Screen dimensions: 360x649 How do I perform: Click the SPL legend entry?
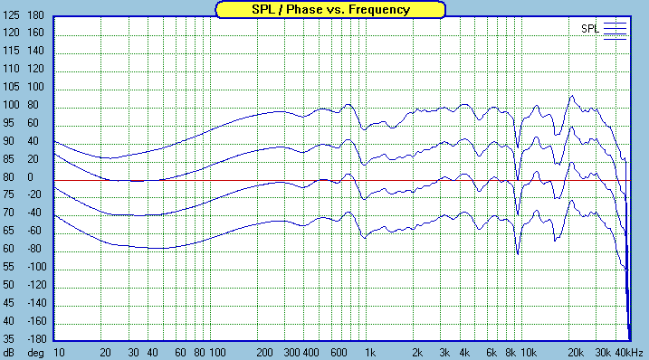[x=589, y=29]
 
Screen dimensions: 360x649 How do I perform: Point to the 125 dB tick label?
[x=12, y=33]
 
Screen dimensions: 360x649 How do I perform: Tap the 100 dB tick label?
[x=12, y=105]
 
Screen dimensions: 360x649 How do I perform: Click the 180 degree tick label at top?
[x=36, y=16]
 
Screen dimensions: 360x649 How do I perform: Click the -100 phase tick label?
[x=34, y=268]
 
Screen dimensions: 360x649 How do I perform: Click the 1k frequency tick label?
[x=369, y=352]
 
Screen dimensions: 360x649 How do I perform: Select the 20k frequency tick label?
[x=574, y=352]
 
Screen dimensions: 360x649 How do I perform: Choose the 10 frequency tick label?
[x=58, y=352]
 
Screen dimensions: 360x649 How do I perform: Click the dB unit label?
[x=9, y=352]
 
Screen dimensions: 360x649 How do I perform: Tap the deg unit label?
[x=34, y=352]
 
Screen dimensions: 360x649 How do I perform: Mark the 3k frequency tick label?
[x=445, y=352]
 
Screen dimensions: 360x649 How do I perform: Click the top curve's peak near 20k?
[x=572, y=96]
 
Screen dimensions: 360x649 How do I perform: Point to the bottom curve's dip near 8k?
[x=517, y=254]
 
